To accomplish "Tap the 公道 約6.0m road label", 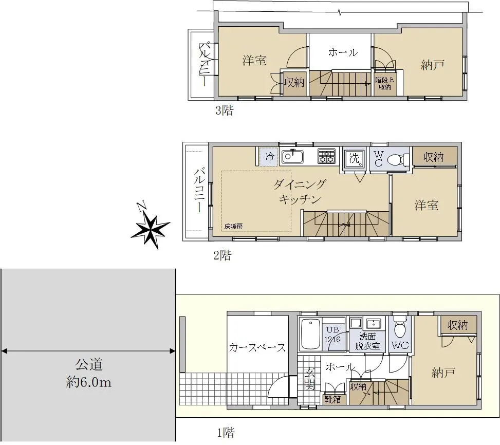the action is click(x=89, y=373).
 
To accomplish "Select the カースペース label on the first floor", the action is click(x=257, y=347).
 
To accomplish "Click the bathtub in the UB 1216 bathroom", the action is click(x=310, y=335).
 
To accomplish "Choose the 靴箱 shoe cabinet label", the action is click(x=332, y=399).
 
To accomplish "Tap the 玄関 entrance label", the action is click(x=309, y=379).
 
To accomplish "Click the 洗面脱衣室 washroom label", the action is click(x=367, y=341).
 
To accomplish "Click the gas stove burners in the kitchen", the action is click(x=326, y=156).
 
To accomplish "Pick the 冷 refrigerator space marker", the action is click(x=269, y=157).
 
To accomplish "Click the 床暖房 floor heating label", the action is click(x=233, y=226).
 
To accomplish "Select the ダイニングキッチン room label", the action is click(x=300, y=192).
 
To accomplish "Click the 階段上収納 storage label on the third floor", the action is click(x=384, y=84).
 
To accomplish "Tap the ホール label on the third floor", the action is click(x=343, y=52).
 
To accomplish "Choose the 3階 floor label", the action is click(x=225, y=110).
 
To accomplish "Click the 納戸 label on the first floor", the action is click(x=443, y=373).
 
